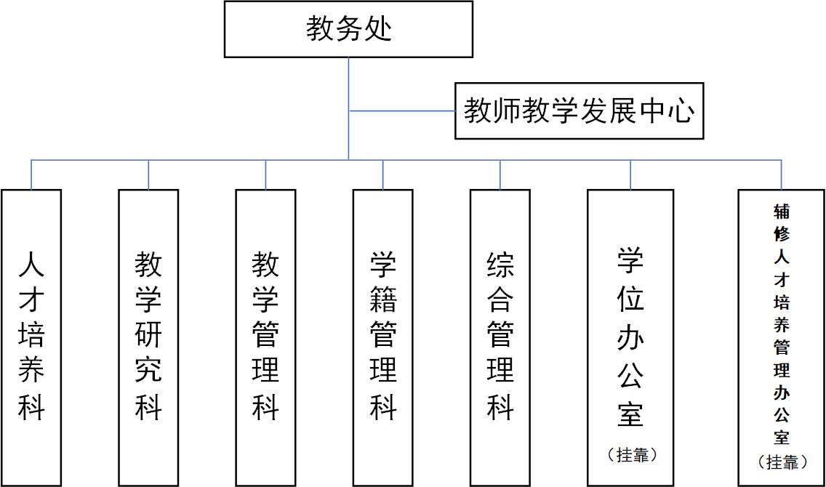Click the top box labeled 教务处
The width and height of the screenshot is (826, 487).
click(x=348, y=29)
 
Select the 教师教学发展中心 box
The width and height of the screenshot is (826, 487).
click(x=579, y=111)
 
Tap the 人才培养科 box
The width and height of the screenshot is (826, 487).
click(x=31, y=337)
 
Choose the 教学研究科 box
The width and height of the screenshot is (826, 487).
click(x=148, y=337)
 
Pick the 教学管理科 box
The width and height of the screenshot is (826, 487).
click(x=265, y=337)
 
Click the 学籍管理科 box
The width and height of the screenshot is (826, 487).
click(x=382, y=337)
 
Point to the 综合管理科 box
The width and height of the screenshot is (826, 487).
click(x=500, y=337)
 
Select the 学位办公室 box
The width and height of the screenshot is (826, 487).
click(x=630, y=337)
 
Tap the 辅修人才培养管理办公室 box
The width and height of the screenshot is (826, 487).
click(x=782, y=337)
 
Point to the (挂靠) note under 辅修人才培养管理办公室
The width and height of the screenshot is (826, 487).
click(x=782, y=462)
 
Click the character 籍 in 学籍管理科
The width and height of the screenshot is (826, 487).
click(x=382, y=300)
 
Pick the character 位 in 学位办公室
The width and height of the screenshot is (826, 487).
click(x=630, y=298)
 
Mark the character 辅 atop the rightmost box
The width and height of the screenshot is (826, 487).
click(x=782, y=212)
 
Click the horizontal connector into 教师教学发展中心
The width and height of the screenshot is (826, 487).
click(x=402, y=111)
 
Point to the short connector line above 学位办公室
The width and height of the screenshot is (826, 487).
click(x=630, y=174)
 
